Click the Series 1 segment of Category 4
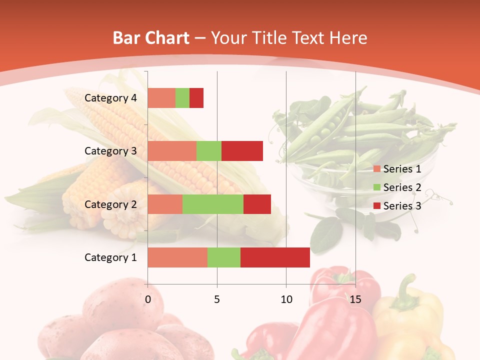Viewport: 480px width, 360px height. tap(161, 98)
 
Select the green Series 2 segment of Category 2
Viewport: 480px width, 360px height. tap(213, 204)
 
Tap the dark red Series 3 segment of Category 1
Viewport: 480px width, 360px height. tap(275, 257)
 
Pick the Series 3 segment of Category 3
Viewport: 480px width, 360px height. tap(242, 151)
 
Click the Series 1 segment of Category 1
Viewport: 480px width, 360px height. tap(177, 257)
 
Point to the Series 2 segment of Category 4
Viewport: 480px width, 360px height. tap(182, 98)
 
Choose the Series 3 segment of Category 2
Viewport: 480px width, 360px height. tap(257, 204)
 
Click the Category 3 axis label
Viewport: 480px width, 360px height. tap(110, 151)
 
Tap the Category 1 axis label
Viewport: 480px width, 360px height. tap(110, 257)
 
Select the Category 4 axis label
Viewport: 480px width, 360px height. tap(110, 98)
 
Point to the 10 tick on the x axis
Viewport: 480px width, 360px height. tap(286, 299)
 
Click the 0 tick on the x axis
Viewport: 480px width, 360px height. tap(148, 299)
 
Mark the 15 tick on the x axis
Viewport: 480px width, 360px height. tap(355, 299)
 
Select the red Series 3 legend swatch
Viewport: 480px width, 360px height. tap(377, 206)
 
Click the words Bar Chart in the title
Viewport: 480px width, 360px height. tap(151, 38)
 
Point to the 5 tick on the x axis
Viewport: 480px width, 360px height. tap(217, 299)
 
